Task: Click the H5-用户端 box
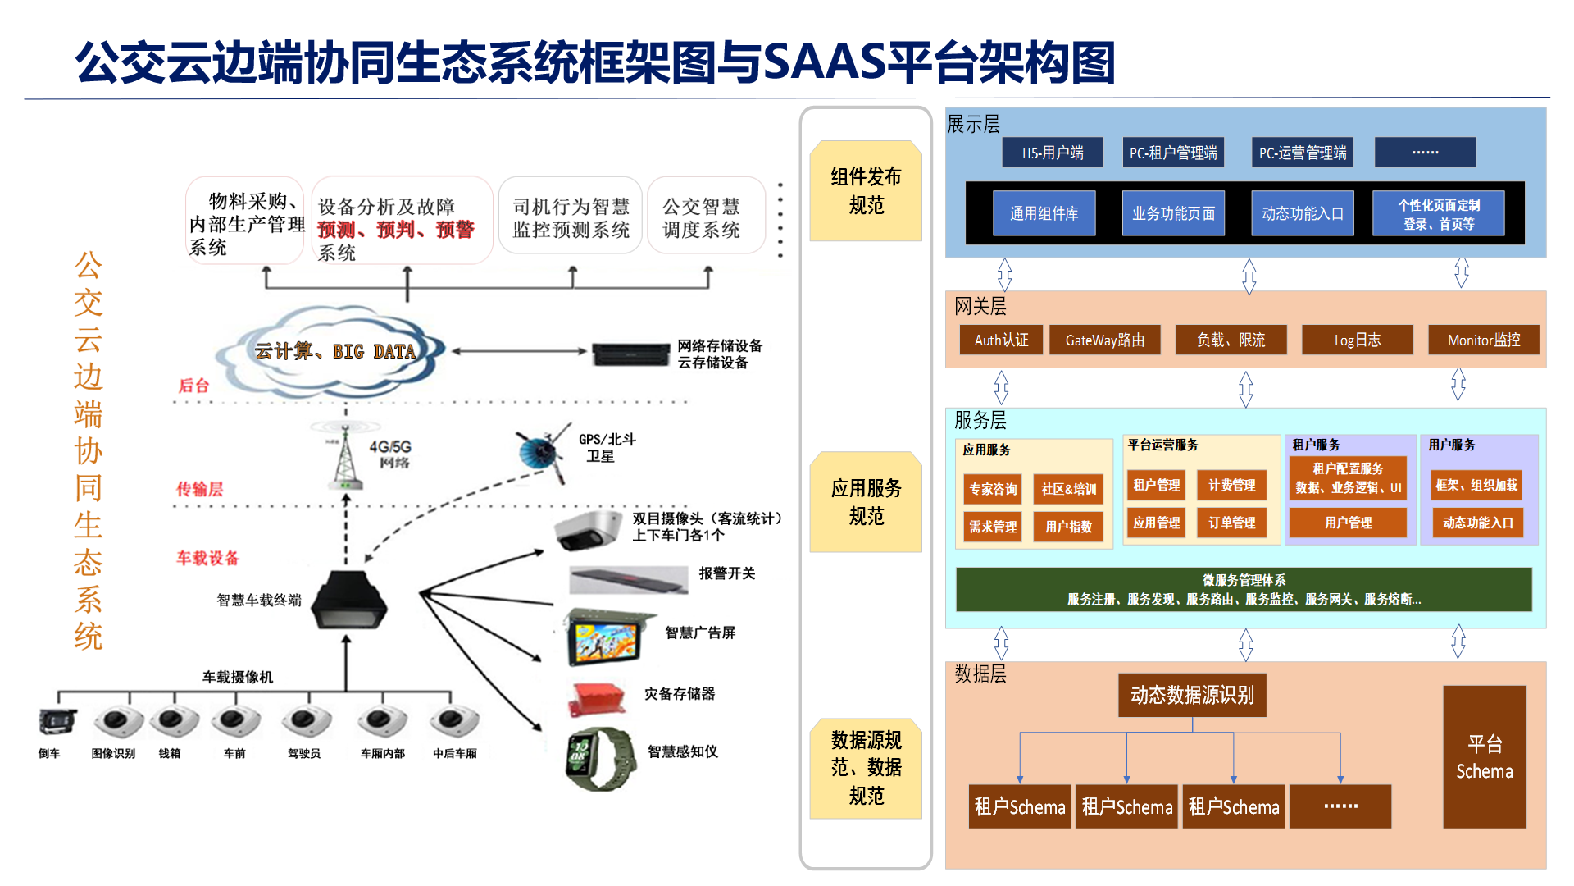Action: pos(1053,153)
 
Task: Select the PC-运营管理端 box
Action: pos(1303,153)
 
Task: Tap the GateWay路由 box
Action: pos(1104,340)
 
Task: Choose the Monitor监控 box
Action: pos(1483,340)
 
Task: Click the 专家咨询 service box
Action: pos(993,489)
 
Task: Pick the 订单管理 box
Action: pos(1231,523)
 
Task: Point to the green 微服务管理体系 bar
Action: pos(1244,590)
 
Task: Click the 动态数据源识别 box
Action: pos(1192,695)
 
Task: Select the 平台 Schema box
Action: pos(1485,757)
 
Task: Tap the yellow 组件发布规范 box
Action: pos(866,190)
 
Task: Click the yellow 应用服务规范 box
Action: pos(866,502)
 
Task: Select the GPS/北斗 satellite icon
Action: pos(542,450)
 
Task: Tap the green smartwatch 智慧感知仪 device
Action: pos(600,758)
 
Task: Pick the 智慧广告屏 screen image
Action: pos(607,637)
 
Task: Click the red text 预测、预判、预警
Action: pos(396,230)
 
